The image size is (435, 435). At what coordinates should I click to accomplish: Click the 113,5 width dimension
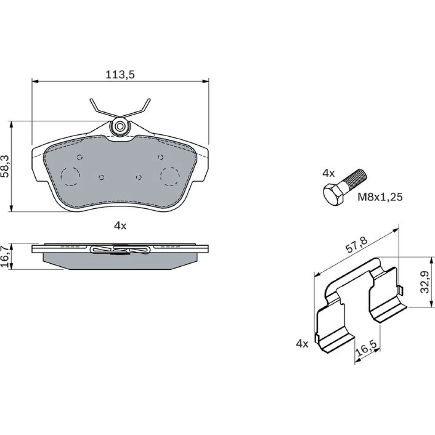click(x=120, y=75)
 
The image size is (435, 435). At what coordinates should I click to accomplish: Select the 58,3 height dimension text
click(x=6, y=166)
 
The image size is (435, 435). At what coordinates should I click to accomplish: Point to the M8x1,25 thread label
click(x=380, y=197)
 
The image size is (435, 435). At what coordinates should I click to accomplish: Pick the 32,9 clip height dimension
click(x=425, y=282)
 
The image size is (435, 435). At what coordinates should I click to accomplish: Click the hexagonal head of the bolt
click(x=334, y=194)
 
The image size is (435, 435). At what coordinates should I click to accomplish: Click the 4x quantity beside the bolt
click(x=328, y=174)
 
